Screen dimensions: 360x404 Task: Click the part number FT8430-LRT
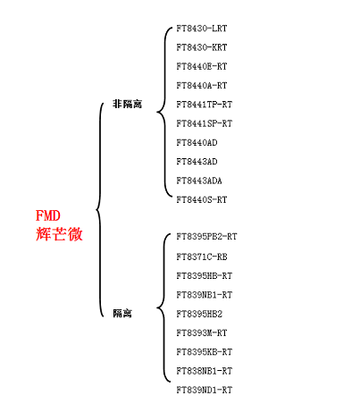pos(202,29)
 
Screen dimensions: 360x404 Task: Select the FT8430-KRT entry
pos(202,47)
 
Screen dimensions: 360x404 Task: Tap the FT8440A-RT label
pos(202,86)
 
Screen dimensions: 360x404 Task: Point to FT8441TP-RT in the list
pos(205,105)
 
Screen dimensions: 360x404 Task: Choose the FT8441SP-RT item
pos(205,123)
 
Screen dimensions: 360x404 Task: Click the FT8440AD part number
pos(197,143)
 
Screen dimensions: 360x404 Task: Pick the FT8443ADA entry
pos(199,181)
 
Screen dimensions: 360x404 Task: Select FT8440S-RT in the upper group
pos(202,199)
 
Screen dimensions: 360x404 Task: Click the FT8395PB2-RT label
pos(206,237)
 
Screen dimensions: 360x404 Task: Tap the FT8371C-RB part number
pos(202,257)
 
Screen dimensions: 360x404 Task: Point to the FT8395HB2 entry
pos(199,314)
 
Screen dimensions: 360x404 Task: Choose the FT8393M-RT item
pos(202,333)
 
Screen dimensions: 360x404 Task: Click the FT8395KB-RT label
pos(205,352)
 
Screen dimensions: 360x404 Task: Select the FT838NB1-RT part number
pos(205,371)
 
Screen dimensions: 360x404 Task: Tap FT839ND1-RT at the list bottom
pos(205,390)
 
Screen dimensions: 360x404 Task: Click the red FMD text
pos(48,215)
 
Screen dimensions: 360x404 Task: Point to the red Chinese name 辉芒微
pos(59,234)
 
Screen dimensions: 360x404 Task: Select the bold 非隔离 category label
pos(127,104)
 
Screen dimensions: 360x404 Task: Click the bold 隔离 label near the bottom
pos(122,314)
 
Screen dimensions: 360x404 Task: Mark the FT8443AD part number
pos(197,162)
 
